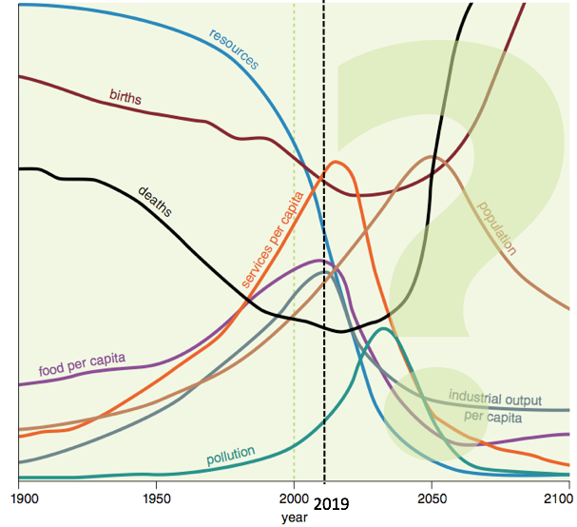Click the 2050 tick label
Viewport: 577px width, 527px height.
[x=432, y=497]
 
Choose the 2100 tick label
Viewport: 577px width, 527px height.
[x=560, y=497]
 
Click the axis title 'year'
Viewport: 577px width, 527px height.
[x=294, y=517]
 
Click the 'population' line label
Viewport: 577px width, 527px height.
[x=497, y=229]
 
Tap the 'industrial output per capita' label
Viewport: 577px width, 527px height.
[x=494, y=406]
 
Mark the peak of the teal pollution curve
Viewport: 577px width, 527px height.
[x=383, y=329]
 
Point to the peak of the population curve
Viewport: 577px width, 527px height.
[x=433, y=157]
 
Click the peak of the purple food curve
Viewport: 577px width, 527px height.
[x=321, y=260]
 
